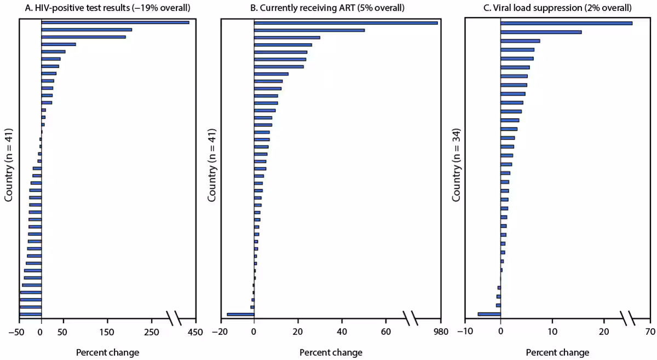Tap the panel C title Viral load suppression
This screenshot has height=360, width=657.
point(555,8)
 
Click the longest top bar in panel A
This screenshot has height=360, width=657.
point(115,22)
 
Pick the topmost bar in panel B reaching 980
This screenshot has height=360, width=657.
point(345,23)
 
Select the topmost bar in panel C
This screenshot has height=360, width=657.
point(566,23)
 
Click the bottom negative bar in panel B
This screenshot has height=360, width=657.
point(240,315)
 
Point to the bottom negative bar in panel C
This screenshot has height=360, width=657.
point(489,314)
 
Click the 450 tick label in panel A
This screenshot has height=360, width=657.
point(195,332)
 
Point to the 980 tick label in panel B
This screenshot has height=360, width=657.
point(440,332)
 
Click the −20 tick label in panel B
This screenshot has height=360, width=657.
point(219,332)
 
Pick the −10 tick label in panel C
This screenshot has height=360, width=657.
point(464,332)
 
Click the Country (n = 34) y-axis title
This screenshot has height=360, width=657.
point(456,165)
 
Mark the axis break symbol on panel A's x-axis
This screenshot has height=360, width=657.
point(173,317)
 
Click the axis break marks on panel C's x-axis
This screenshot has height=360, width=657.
point(627,317)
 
